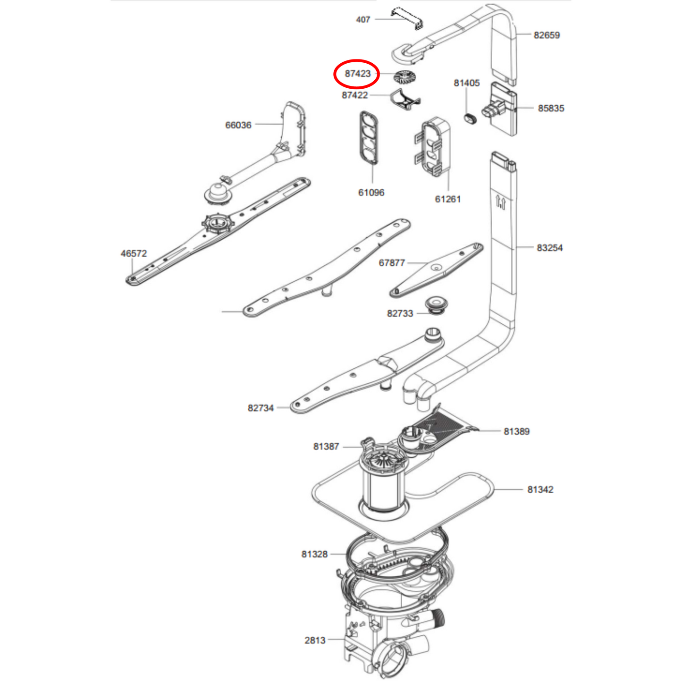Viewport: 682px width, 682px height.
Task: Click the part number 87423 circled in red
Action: (x=357, y=74)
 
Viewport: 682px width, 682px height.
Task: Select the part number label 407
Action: (x=363, y=19)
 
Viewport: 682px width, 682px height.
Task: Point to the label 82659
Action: (x=547, y=35)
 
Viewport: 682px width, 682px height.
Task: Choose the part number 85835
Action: (x=551, y=108)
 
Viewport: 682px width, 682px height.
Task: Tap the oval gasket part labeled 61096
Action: (x=369, y=138)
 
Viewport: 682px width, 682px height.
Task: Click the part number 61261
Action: (x=448, y=199)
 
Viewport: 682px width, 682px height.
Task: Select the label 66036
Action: (x=238, y=125)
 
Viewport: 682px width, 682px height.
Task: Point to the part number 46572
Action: (x=134, y=253)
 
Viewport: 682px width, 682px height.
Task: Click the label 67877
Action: (x=391, y=262)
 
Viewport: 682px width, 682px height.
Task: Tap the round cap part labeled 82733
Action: (x=436, y=305)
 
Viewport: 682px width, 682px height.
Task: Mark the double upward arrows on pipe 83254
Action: (x=501, y=202)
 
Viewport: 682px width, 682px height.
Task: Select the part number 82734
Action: (x=261, y=408)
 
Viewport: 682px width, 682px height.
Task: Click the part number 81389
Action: (x=516, y=431)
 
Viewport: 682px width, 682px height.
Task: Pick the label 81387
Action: (x=326, y=446)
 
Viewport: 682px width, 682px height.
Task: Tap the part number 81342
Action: (x=540, y=489)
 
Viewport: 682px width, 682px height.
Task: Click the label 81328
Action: (x=314, y=554)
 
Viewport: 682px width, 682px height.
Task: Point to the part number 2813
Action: (x=315, y=640)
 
